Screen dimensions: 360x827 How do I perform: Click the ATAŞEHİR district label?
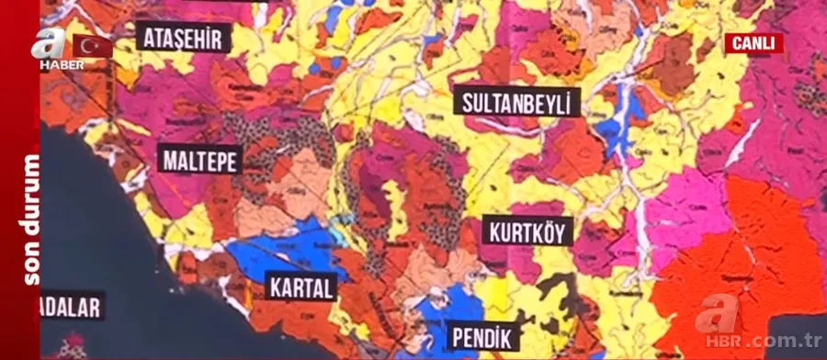183,38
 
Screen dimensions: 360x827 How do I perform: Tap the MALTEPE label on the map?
200,161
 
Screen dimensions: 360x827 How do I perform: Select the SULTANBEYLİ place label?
516,101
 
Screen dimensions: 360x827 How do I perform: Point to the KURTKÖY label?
527,231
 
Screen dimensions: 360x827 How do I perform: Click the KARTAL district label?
301,287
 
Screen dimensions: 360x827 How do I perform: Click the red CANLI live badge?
753,43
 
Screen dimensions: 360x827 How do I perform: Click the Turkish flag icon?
92,46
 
